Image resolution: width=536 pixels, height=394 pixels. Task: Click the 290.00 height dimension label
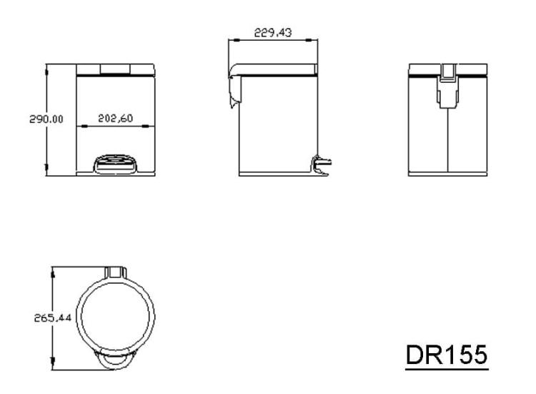point(46,119)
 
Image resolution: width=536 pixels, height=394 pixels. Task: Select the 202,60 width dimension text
point(116,118)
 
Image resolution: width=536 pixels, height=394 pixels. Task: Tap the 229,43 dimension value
point(273,32)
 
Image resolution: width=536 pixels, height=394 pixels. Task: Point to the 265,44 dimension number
point(53,318)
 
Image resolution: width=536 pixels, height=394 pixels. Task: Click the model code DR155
point(447,355)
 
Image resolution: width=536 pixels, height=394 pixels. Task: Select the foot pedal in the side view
point(321,165)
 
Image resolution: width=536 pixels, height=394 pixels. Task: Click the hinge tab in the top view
point(116,272)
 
